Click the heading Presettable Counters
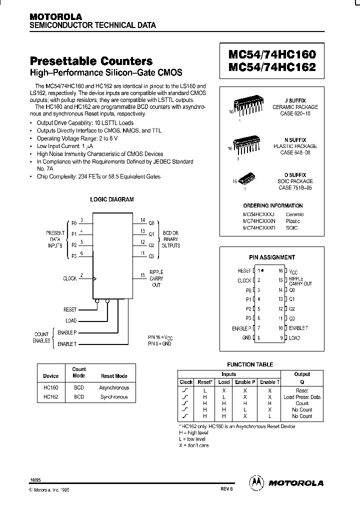(x=91, y=61)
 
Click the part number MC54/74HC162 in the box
(x=272, y=67)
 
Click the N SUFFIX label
(x=295, y=140)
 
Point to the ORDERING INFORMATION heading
(x=273, y=205)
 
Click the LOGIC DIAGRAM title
(x=111, y=199)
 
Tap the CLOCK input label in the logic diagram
(x=69, y=278)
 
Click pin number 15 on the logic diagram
(x=142, y=275)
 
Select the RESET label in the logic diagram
(x=70, y=310)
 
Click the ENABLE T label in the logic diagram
(x=67, y=344)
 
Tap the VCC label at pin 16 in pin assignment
(x=295, y=271)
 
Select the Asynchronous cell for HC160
(x=114, y=387)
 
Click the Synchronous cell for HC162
(x=114, y=397)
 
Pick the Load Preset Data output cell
(x=302, y=397)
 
